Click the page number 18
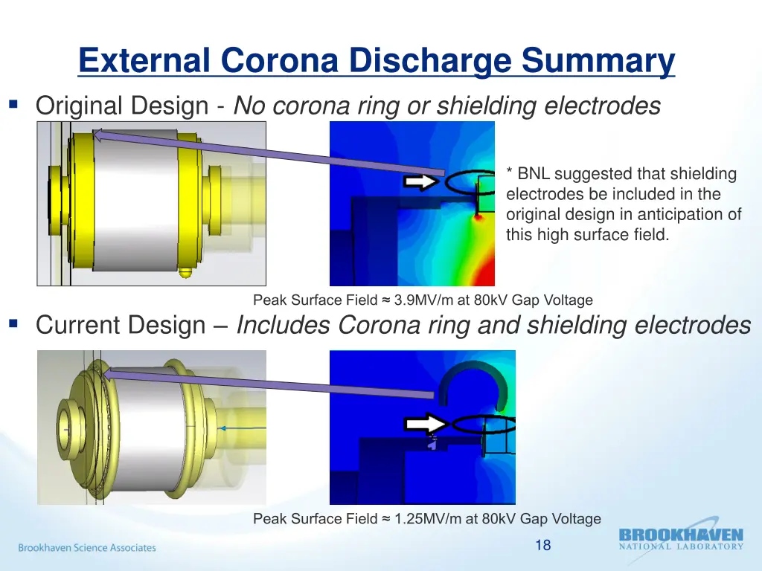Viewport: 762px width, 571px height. pyautogui.click(x=542, y=545)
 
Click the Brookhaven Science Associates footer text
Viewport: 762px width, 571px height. pyautogui.click(x=87, y=548)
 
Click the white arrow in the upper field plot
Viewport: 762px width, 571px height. pyautogui.click(x=423, y=182)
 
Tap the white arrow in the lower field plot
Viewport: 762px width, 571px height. pyautogui.click(x=428, y=424)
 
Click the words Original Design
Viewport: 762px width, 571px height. pyautogui.click(x=121, y=106)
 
